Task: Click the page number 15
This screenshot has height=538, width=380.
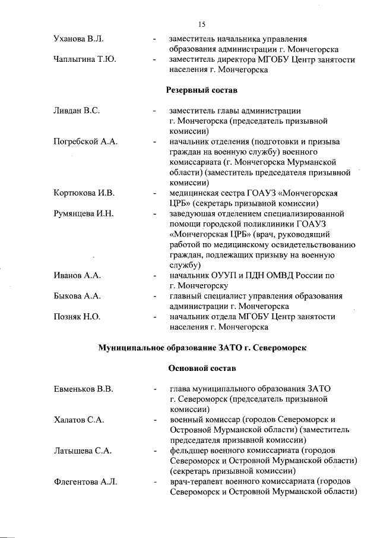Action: [x=201, y=24]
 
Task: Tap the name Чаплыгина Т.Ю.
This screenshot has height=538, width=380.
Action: [x=78, y=60]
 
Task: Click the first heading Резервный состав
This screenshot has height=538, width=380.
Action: [x=200, y=90]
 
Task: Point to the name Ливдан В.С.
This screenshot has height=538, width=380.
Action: [x=71, y=111]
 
